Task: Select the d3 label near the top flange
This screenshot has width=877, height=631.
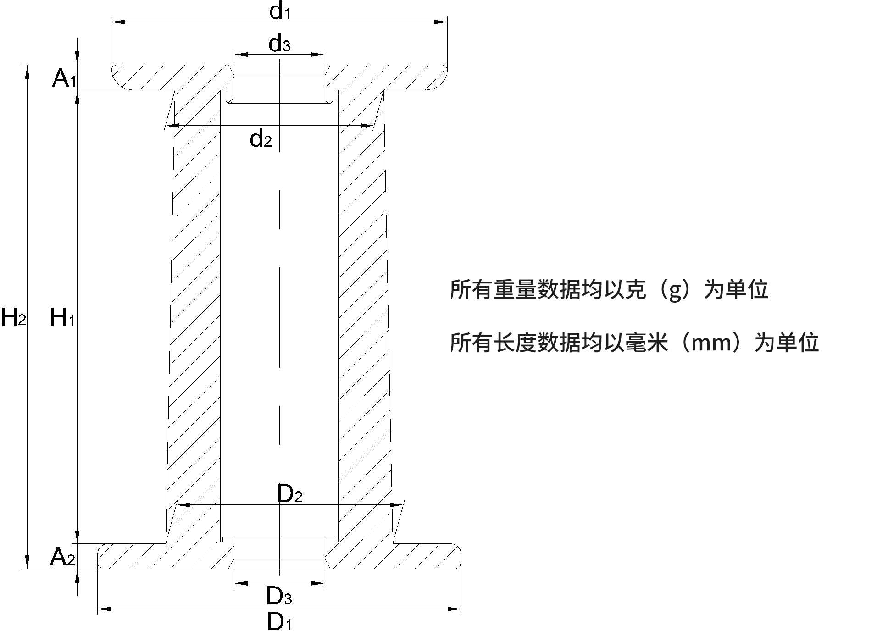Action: tap(279, 44)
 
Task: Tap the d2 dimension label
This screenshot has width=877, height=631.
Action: tap(261, 138)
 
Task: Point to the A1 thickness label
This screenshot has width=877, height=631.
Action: tap(64, 79)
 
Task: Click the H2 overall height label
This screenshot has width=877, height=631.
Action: tap(13, 317)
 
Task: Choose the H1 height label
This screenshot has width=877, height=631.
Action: tap(62, 317)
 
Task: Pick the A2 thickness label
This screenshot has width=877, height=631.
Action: tap(62, 557)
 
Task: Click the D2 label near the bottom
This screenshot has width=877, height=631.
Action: tap(290, 494)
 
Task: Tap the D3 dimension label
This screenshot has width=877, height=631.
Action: tap(279, 597)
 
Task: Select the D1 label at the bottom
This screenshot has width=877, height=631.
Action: tap(279, 622)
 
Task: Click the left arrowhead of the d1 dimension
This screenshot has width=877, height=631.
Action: tap(118, 22)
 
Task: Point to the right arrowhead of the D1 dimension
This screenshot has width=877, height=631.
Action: tap(454, 609)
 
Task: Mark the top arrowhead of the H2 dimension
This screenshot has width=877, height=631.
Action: tap(28, 72)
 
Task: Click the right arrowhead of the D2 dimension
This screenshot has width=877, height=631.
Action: tap(396, 505)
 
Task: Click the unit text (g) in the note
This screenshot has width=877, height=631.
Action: tap(675, 290)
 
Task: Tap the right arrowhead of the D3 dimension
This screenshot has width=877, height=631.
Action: tap(318, 584)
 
